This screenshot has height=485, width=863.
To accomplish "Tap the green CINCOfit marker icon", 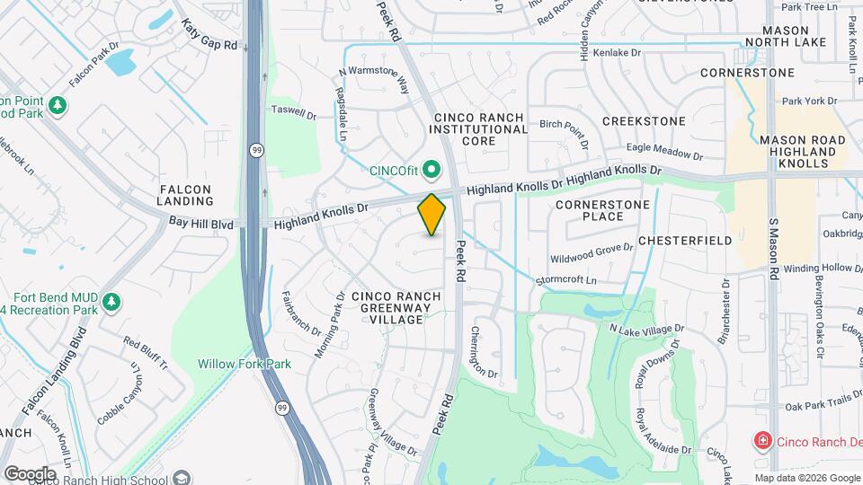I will click(x=431, y=169).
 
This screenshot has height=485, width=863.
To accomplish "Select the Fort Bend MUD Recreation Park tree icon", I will click(x=111, y=301).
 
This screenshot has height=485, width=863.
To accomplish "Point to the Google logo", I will click(x=30, y=473).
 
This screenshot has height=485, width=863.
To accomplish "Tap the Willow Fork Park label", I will click(x=232, y=364).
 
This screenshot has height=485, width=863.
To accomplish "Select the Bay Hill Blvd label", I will click(x=195, y=222).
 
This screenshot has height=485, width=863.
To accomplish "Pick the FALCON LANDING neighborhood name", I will click(x=185, y=196).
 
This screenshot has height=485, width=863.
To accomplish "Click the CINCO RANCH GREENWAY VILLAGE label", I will click(x=396, y=307).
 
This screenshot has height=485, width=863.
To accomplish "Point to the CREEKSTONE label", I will click(x=644, y=120).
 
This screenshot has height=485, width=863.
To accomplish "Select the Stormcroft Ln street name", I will click(x=566, y=280).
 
